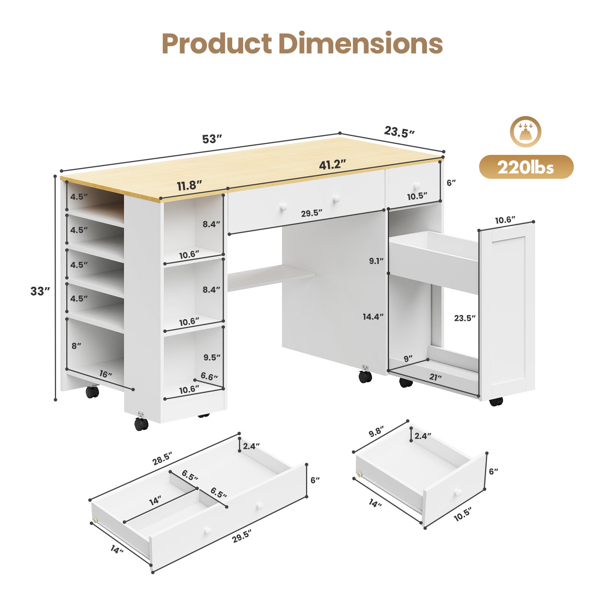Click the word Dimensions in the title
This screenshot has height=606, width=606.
[361, 44]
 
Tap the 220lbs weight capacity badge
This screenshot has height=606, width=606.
[526, 167]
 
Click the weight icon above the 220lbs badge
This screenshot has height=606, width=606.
[525, 131]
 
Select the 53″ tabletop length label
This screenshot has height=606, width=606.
[211, 139]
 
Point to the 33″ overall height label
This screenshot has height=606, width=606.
[40, 291]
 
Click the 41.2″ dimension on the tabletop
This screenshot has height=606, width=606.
[333, 165]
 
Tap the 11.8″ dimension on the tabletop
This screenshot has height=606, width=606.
[189, 186]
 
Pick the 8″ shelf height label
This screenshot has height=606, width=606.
[76, 346]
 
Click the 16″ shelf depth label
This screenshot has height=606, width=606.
[106, 374]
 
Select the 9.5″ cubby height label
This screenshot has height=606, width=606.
[212, 357]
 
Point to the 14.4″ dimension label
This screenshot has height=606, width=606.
[373, 317]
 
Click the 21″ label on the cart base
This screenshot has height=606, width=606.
[435, 377]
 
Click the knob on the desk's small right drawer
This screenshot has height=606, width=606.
[417, 186]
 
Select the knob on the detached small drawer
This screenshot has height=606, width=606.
[458, 492]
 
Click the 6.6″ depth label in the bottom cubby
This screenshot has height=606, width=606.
[209, 376]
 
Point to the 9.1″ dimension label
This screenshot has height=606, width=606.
[376, 261]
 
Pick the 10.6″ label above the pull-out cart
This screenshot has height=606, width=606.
[505, 220]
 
